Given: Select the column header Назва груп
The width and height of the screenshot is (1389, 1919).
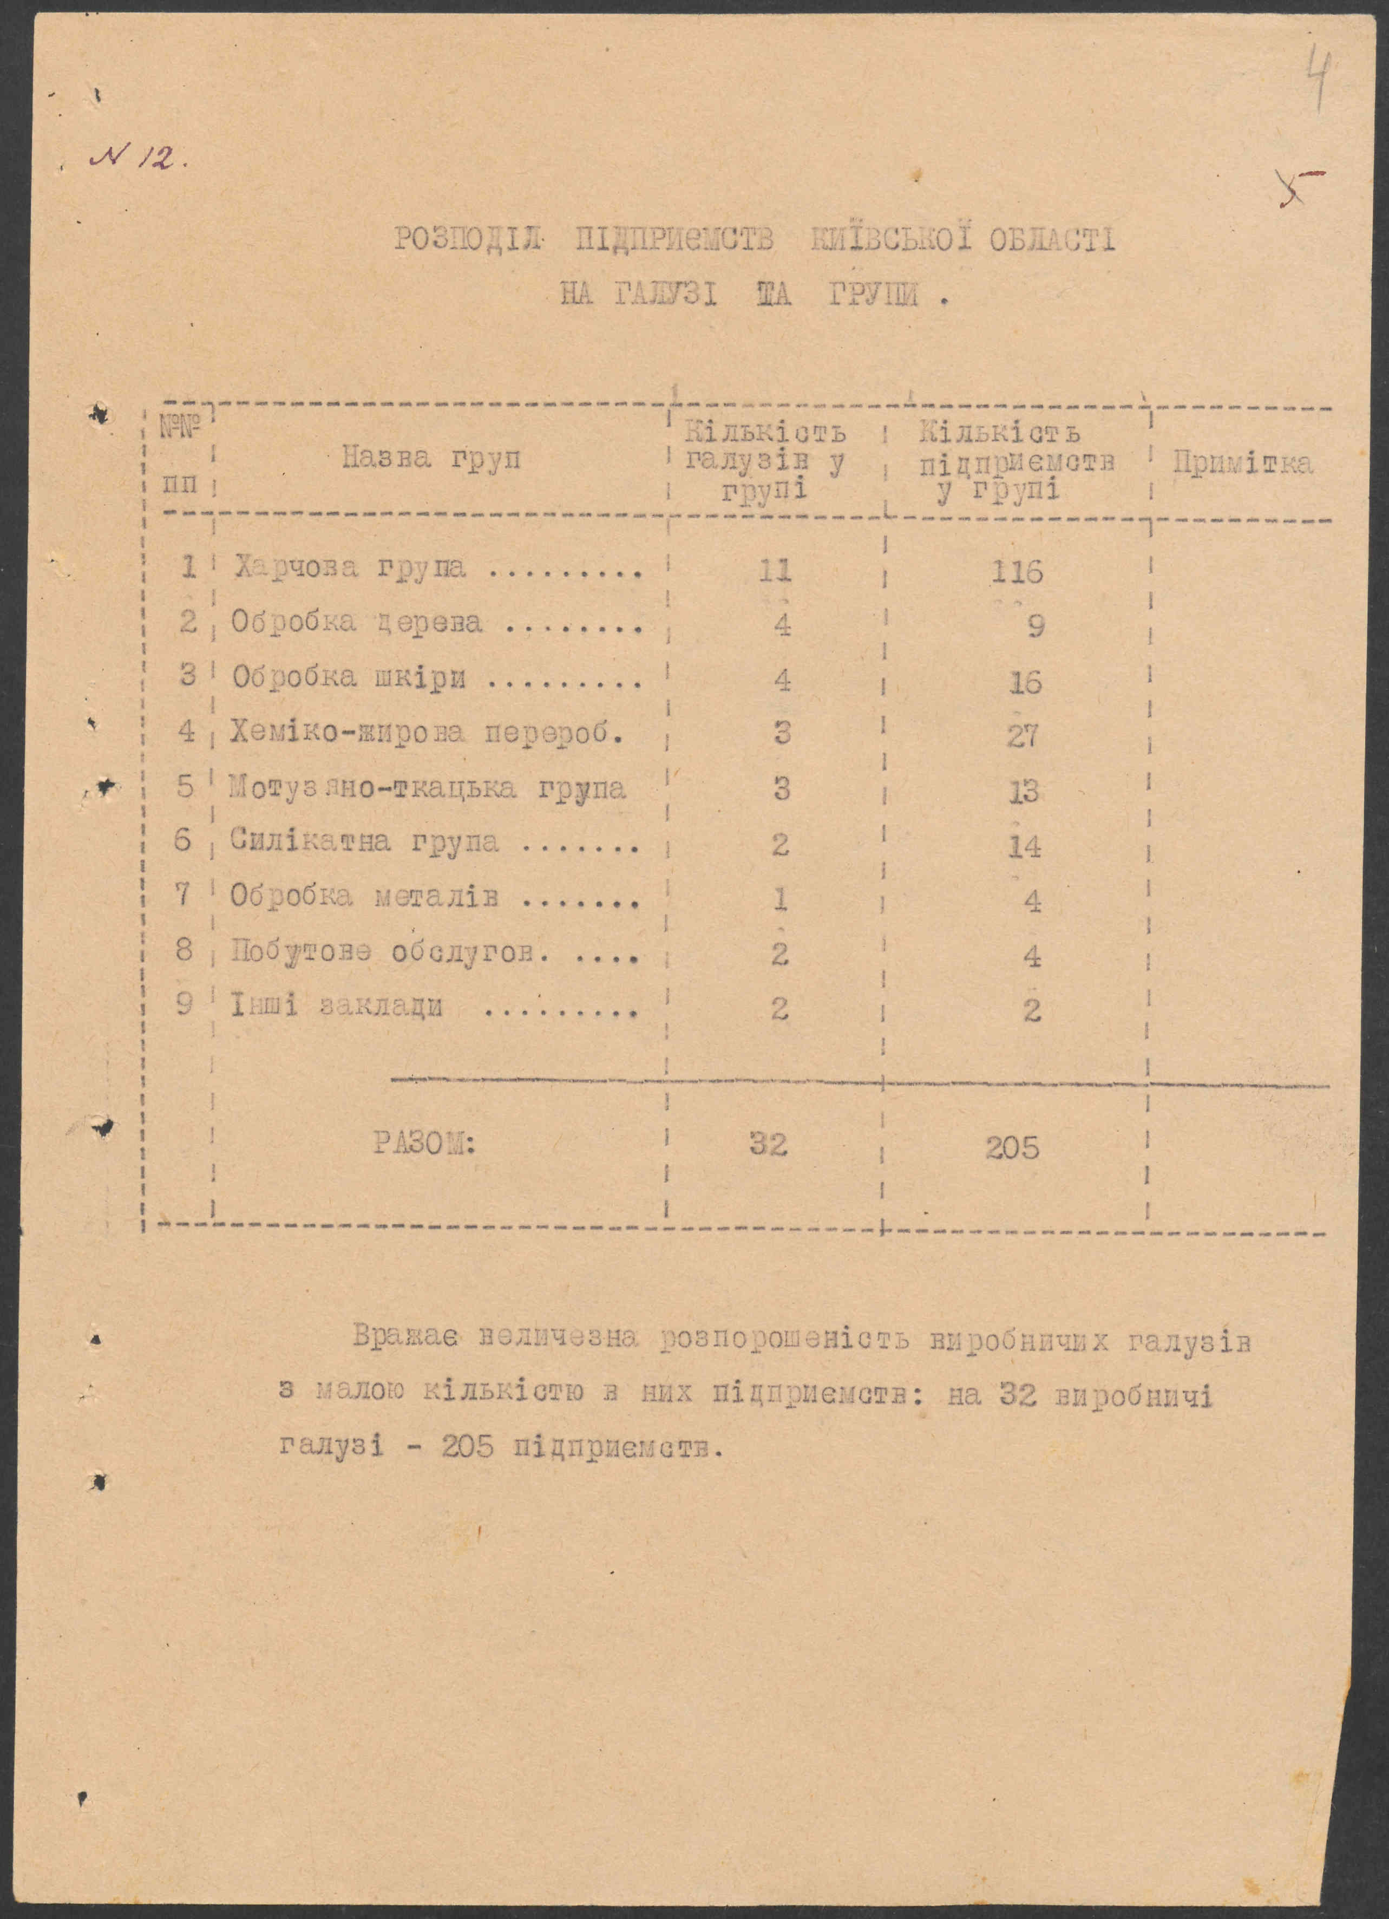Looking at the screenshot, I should tap(431, 459).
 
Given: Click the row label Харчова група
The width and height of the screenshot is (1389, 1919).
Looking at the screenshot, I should tap(350, 567).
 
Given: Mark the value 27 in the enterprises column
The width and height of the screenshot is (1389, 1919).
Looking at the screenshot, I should tap(1023, 736).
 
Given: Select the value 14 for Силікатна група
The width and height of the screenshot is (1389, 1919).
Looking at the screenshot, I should tap(1024, 846).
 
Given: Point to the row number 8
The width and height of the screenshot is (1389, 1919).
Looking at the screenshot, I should tap(185, 951).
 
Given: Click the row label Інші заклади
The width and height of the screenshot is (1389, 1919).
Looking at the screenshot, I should tap(337, 1007).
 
